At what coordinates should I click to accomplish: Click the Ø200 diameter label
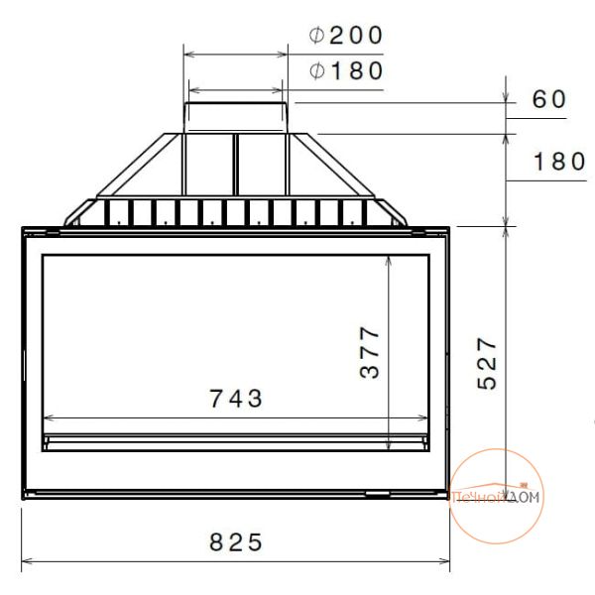coord(346,36)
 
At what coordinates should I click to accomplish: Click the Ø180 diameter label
coord(346,71)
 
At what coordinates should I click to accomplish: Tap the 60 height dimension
coord(549,99)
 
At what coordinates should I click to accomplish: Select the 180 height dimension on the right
coord(559,161)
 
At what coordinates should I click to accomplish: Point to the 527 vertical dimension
coord(487,363)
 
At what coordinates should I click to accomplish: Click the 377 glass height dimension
coord(370,352)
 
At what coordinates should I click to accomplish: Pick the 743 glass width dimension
coord(236,398)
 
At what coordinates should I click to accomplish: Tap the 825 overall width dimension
coord(236,541)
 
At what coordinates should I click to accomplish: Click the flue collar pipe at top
coord(236,118)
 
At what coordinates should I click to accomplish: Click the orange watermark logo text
coord(495,497)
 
